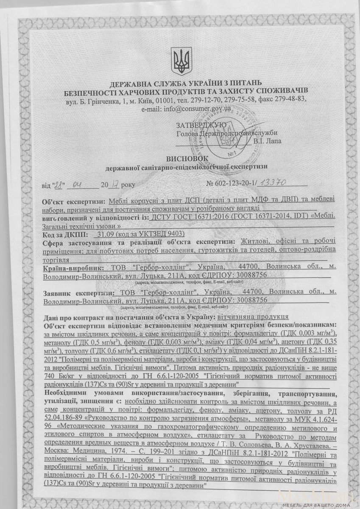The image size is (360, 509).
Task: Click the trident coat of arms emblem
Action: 180,61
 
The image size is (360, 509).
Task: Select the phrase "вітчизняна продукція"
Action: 253,316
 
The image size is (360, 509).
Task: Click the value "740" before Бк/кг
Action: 50,376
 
